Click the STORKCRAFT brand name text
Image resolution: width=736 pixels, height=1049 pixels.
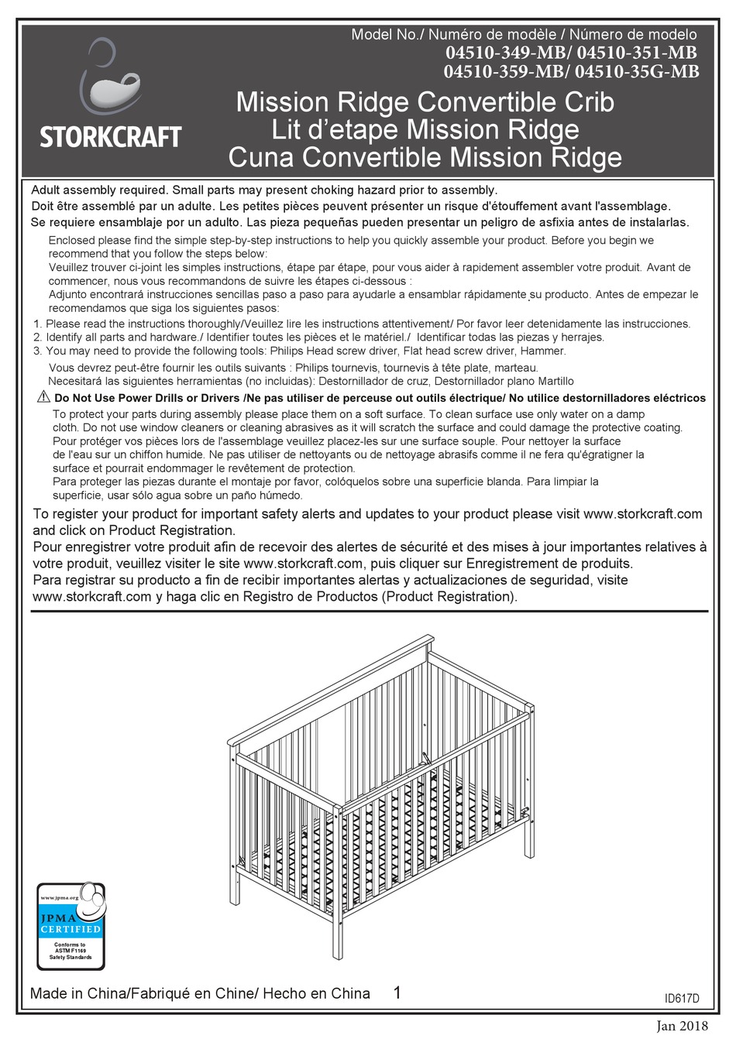click(110, 138)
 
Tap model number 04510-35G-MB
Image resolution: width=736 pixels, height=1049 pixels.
click(638, 72)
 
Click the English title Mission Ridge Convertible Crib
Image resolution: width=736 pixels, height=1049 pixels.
click(425, 102)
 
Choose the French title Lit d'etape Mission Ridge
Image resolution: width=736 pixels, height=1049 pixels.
click(425, 130)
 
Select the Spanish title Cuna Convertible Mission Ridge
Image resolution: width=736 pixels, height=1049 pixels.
click(425, 158)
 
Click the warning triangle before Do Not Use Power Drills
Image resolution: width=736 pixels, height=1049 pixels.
click(43, 397)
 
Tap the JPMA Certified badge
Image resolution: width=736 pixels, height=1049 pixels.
click(71, 926)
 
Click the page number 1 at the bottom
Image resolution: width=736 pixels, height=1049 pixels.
click(397, 993)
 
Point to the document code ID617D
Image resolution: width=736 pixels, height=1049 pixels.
click(682, 999)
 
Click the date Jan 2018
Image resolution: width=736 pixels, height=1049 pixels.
click(682, 1027)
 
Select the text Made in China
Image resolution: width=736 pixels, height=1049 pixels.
click(77, 994)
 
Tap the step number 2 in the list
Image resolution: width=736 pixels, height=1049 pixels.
click(37, 338)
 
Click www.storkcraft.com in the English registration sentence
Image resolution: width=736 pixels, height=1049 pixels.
click(642, 514)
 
